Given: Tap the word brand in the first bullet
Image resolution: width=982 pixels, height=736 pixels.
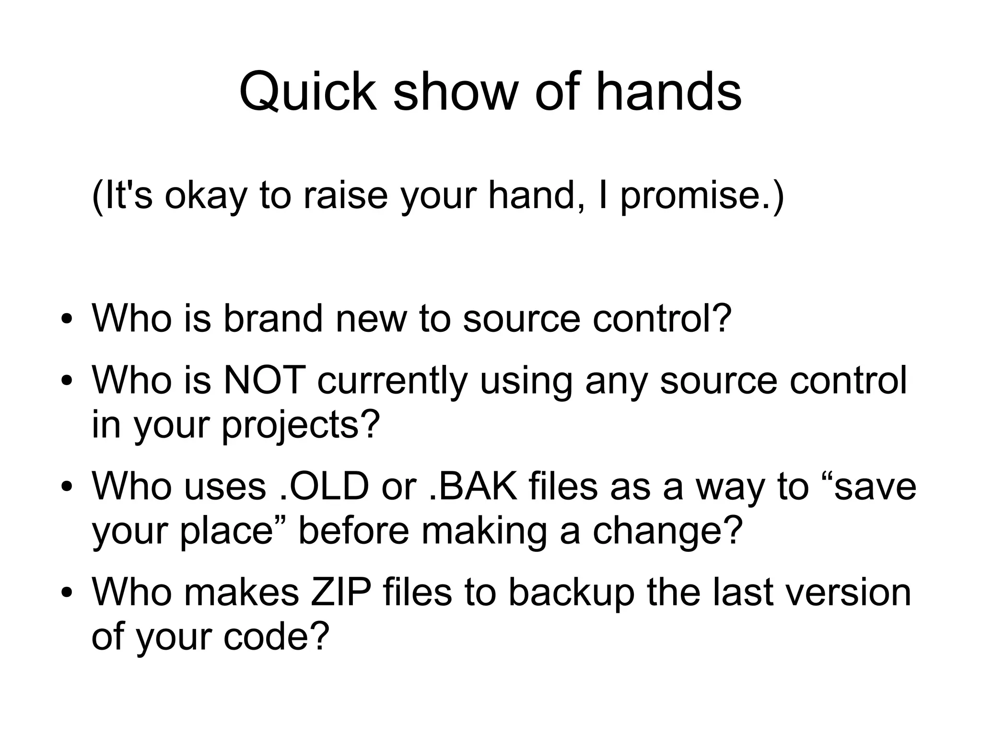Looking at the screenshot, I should [x=273, y=318].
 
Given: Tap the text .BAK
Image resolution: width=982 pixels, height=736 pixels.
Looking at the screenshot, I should [x=472, y=486].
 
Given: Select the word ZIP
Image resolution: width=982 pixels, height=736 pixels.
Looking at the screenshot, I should [x=341, y=593].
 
